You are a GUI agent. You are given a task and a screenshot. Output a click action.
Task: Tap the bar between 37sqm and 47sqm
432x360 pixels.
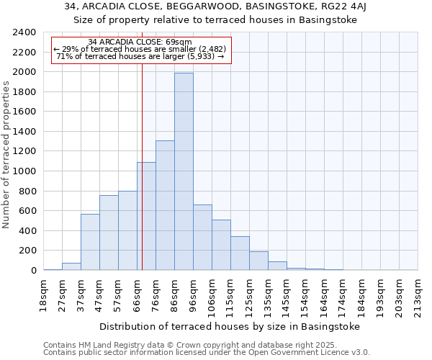90,242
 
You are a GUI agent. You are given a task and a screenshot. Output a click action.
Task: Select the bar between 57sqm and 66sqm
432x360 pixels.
127,230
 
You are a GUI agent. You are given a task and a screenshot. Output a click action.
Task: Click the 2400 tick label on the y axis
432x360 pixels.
24,32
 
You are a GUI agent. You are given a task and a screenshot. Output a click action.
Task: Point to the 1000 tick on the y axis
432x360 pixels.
24,171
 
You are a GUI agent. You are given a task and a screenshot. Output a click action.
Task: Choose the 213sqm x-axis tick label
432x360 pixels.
419,294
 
